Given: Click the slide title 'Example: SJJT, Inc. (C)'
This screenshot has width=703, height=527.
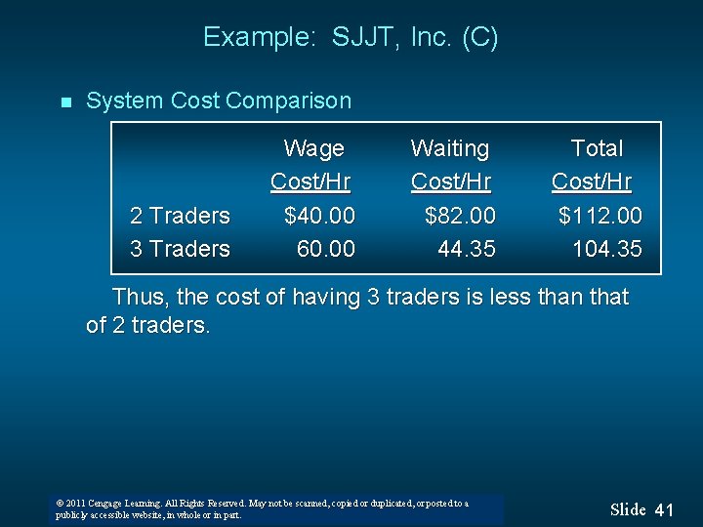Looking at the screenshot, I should coord(351,38).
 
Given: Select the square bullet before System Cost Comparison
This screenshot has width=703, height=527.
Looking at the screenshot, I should coord(64,101).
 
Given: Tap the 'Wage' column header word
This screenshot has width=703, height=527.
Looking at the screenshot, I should coord(313,148).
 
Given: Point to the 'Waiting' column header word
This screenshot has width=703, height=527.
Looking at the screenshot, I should coord(450,148).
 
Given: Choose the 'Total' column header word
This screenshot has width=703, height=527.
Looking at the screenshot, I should coord(597,148).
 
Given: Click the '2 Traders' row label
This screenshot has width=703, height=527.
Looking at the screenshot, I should coord(180,215).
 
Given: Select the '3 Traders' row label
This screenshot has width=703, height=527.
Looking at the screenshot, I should coord(180,249).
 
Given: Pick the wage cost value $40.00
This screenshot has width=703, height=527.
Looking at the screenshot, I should coord(319,215).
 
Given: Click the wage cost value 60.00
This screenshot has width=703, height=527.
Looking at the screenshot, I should coord(325,249).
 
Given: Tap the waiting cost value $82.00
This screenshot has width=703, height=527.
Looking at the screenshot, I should coord(460,215).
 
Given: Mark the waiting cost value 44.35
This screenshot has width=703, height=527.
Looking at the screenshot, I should coord(466,249).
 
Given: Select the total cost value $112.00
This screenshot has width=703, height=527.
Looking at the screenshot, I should coord(600,215).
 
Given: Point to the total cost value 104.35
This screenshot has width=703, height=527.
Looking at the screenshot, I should coord(606,249).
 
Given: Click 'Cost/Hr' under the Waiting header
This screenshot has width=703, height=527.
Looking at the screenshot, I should coord(450,182).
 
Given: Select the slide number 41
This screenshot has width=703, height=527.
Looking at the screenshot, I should coord(664,509).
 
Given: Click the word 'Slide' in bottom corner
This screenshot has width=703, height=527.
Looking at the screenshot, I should coord(628,509).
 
